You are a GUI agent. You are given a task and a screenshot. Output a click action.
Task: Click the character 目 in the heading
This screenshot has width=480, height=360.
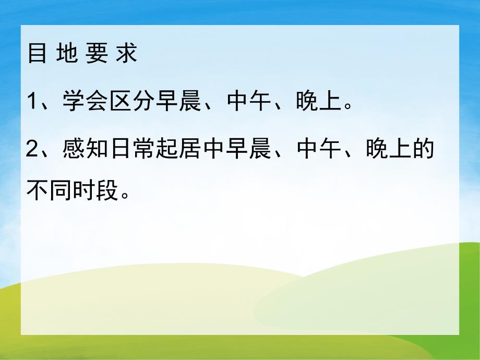tap(38, 54)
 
